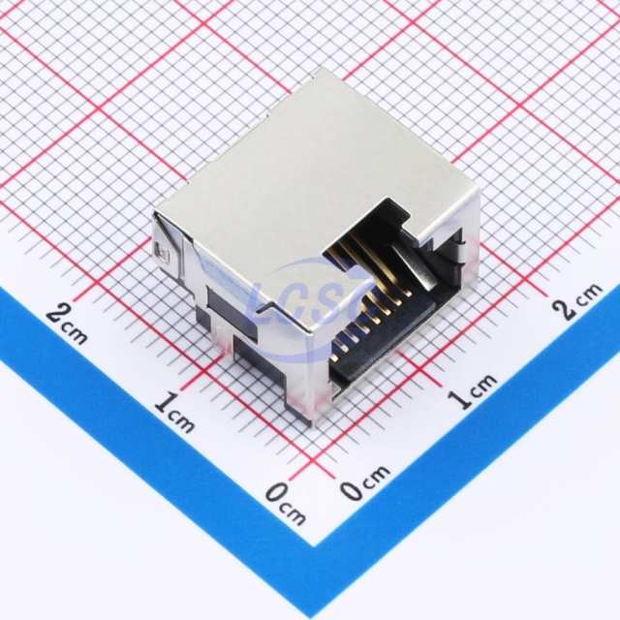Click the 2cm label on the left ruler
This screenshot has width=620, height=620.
67,324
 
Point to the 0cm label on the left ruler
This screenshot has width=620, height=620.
286,505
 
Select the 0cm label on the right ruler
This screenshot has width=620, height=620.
365,482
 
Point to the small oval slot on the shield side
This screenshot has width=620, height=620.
162,252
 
